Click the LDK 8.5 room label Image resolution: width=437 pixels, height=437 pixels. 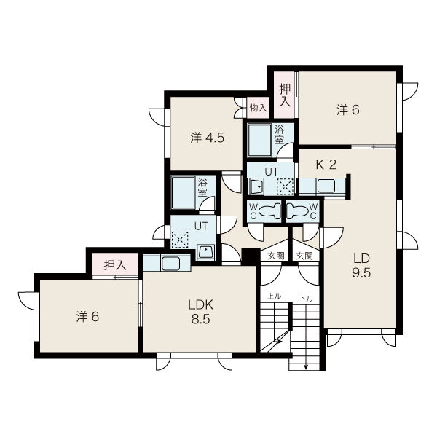click(201, 312)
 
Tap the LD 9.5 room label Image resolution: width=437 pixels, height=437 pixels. click(361, 266)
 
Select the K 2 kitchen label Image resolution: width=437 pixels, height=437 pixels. click(326, 165)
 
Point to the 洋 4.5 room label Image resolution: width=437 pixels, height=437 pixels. click(207, 138)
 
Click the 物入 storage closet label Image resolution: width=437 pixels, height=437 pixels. click(258, 108)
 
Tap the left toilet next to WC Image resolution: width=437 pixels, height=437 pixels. click(269, 210)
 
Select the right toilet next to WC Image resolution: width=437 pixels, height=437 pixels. click(297, 210)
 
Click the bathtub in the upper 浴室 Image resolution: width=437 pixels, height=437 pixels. click(259, 141)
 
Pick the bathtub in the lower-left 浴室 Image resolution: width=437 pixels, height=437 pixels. click(183, 192)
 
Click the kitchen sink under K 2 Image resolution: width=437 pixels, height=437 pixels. click(326, 186)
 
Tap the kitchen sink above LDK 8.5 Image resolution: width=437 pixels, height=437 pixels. click(170, 264)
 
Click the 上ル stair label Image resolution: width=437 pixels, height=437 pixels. click(274, 296)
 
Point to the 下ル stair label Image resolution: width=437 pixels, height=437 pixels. click(306, 299)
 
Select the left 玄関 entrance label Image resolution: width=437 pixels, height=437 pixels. click(276, 256)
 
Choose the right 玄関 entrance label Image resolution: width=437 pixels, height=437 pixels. click(304, 256)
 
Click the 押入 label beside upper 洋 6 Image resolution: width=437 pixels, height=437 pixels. click(285, 95)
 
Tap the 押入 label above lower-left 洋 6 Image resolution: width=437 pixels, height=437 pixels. click(115, 265)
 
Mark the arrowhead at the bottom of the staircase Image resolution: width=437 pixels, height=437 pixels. click(306, 367)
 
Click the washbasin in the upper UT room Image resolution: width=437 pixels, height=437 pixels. click(257, 186)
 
